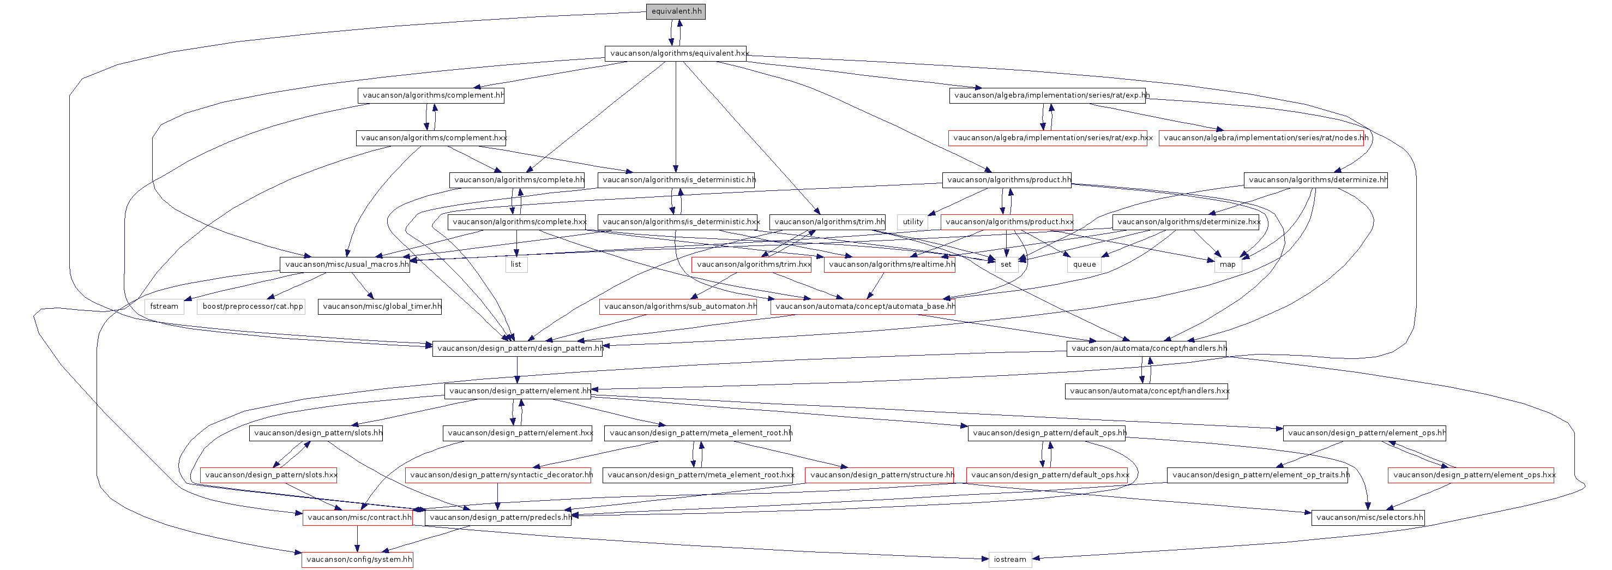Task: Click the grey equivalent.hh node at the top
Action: click(x=676, y=11)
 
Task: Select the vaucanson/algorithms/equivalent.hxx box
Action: click(x=676, y=53)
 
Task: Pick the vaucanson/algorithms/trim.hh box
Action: click(x=827, y=221)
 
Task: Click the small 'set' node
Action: click(x=1006, y=264)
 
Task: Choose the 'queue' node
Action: click(x=1085, y=264)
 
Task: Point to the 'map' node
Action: click(x=1228, y=264)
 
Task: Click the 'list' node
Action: click(x=516, y=264)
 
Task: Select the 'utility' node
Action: click(x=913, y=221)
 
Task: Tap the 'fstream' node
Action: click(x=164, y=306)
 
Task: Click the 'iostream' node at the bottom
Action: click(x=1010, y=559)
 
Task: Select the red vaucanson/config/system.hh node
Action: click(x=357, y=559)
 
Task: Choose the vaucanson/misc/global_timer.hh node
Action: click(x=380, y=306)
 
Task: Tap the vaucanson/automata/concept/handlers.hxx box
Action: click(x=1146, y=391)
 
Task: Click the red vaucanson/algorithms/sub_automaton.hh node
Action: click(x=678, y=306)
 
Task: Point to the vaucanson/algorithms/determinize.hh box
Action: click(x=1316, y=179)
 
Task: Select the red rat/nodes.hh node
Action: click(x=1261, y=137)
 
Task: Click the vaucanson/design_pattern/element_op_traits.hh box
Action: click(x=1258, y=475)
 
